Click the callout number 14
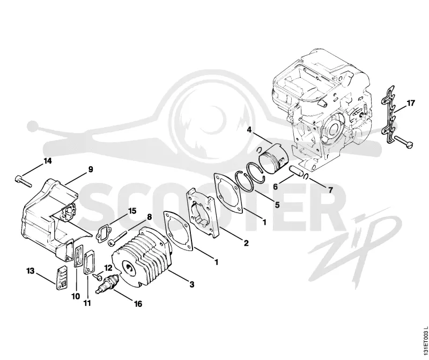click(48, 161)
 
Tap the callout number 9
click(90, 169)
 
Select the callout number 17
click(410, 103)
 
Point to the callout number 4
click(249, 129)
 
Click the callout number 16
click(138, 304)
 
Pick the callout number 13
click(31, 271)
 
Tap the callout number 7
click(330, 190)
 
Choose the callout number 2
click(246, 243)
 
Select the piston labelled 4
click(274, 160)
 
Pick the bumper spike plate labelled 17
click(390, 114)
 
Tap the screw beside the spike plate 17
click(404, 141)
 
